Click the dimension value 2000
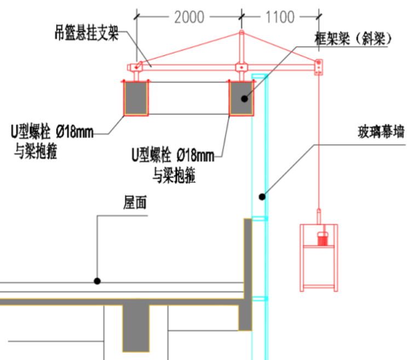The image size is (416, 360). (x=189, y=18)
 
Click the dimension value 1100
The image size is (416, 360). (x=280, y=18)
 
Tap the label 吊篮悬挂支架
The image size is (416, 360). (x=86, y=34)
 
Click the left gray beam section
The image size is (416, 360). (x=136, y=99)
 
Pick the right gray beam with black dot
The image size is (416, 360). (x=241, y=99)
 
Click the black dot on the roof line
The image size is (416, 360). (x=97, y=281)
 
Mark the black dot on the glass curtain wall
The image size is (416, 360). (x=262, y=196)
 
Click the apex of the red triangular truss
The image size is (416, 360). (x=241, y=34)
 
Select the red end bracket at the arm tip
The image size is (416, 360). (x=319, y=67)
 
